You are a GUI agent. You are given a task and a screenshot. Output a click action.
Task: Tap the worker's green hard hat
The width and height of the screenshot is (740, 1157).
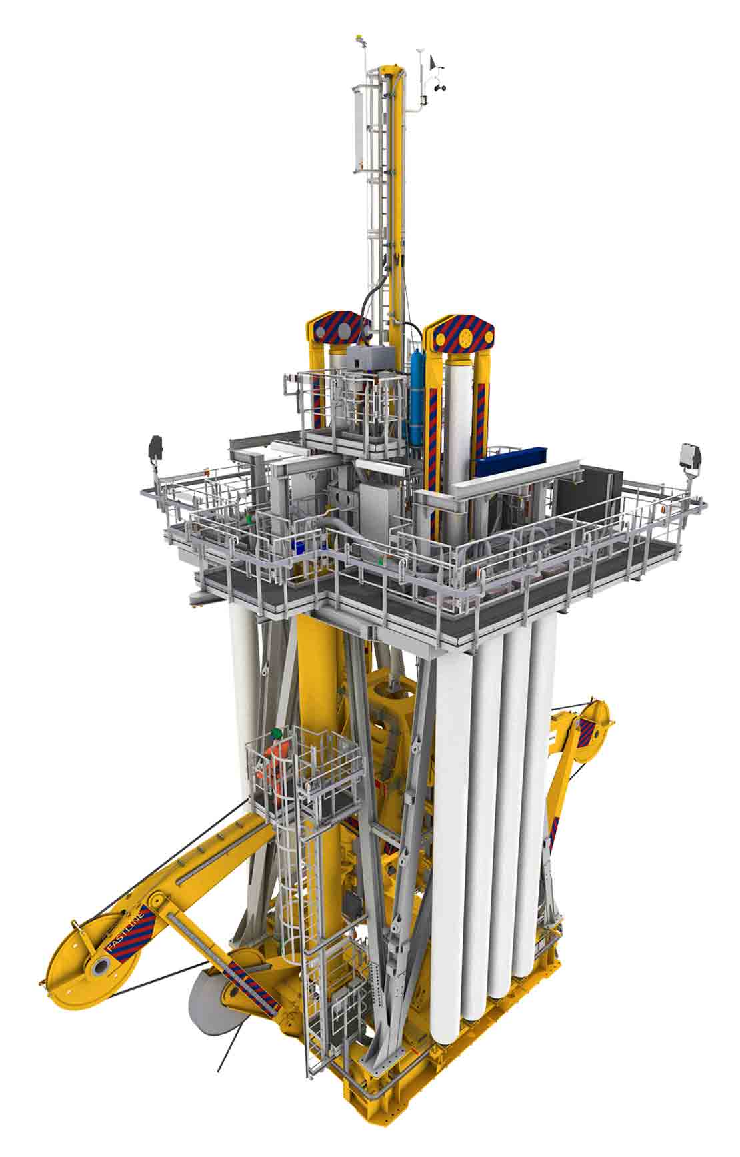(277, 733)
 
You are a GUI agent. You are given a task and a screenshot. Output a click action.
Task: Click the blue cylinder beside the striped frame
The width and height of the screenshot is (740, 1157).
(417, 387)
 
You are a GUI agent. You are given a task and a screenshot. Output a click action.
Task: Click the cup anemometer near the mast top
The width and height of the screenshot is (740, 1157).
(437, 85)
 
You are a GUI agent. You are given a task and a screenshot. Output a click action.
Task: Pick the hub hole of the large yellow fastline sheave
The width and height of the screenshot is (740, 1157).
(104, 966)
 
